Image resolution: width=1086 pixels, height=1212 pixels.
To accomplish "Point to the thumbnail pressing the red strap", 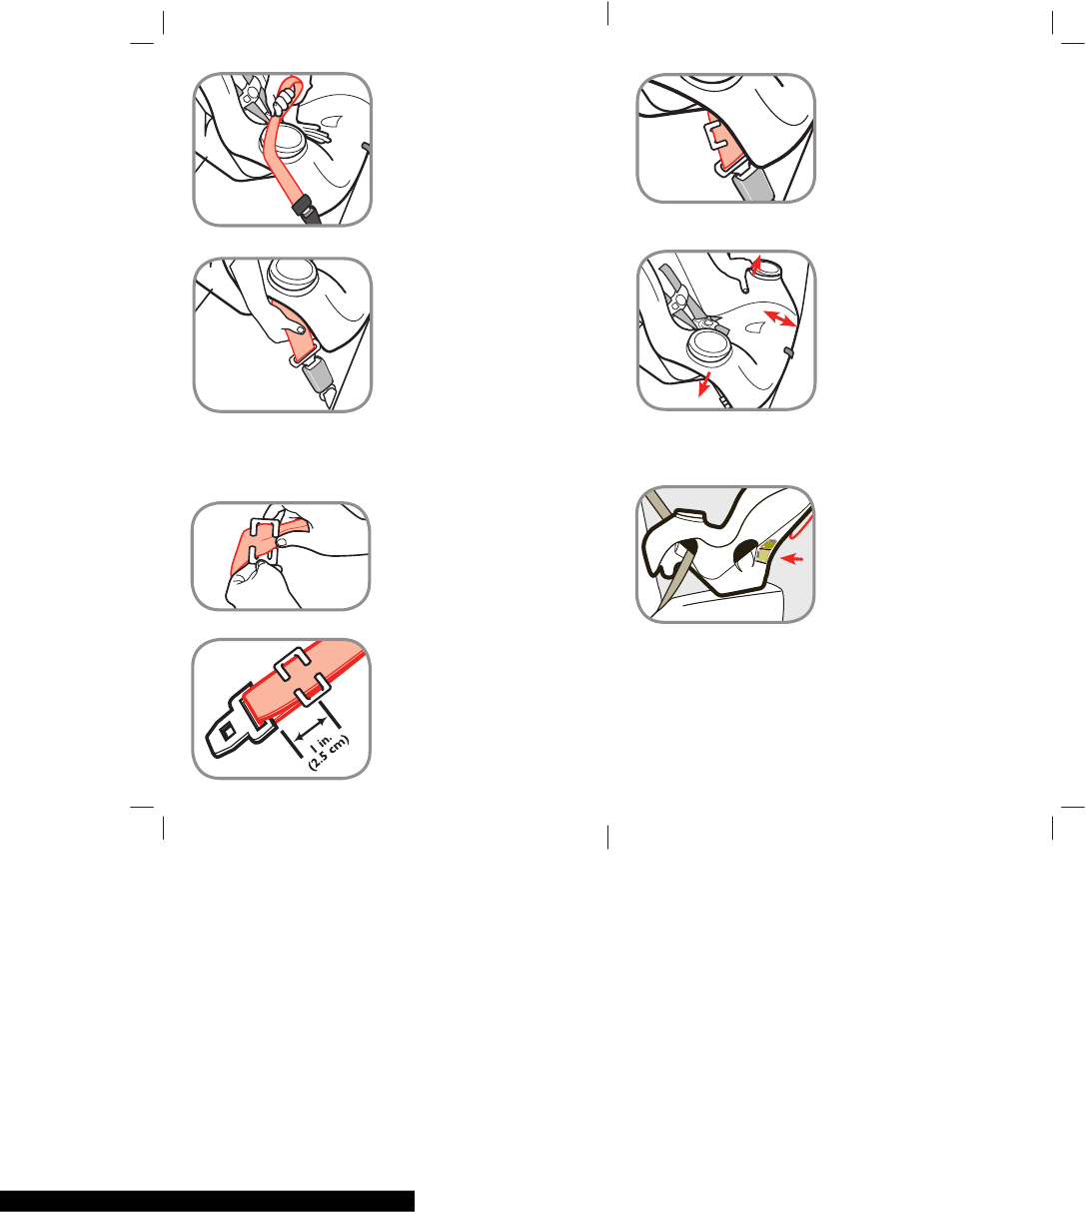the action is pyautogui.click(x=301, y=328).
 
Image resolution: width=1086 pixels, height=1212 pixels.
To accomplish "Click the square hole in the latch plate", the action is pyautogui.click(x=228, y=731).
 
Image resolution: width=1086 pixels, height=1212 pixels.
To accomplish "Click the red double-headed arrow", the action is pyautogui.click(x=780, y=317).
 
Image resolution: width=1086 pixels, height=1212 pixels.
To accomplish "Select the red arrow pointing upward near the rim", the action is pyautogui.click(x=756, y=264).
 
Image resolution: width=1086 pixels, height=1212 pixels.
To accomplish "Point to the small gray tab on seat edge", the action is pyautogui.click(x=789, y=352).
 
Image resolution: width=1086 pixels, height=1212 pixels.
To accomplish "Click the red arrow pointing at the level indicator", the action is pyautogui.click(x=792, y=559).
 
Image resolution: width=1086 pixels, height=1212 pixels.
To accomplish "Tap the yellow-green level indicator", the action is pyautogui.click(x=764, y=550).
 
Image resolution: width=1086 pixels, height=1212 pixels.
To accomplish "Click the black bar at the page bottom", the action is pyautogui.click(x=207, y=1201).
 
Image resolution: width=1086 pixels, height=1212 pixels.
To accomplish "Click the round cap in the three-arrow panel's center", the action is pyautogui.click(x=709, y=345).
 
